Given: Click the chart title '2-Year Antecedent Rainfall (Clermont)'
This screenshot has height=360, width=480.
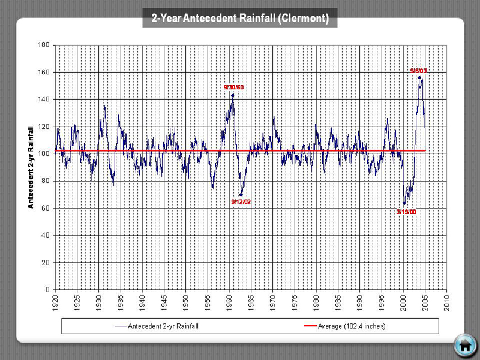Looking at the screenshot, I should click(240, 19).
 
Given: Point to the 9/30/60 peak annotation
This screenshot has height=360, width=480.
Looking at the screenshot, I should click(233, 88).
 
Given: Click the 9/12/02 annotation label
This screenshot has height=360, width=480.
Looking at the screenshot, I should click(241, 202).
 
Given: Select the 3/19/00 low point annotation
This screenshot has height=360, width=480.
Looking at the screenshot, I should click(406, 211).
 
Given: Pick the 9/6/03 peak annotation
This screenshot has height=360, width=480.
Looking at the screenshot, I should click(418, 71).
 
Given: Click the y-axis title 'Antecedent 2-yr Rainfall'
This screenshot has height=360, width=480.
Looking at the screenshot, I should click(31, 167).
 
